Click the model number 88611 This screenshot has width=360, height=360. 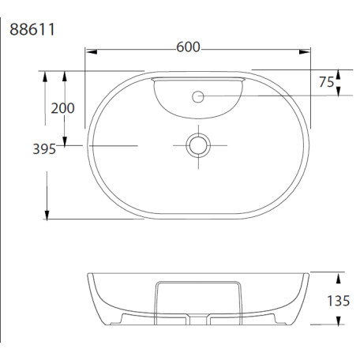click(32, 29)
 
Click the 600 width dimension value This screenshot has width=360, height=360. click(188, 47)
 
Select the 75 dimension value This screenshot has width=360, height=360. click(326, 82)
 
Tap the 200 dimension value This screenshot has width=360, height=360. click(62, 108)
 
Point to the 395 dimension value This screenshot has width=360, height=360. click(44, 149)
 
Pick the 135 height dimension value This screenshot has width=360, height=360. click(338, 301)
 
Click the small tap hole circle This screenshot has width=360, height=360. click(198, 96)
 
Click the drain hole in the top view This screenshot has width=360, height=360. click(198, 145)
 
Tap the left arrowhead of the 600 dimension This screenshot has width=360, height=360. click(92, 52)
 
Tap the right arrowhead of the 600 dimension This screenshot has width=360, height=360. click(305, 52)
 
